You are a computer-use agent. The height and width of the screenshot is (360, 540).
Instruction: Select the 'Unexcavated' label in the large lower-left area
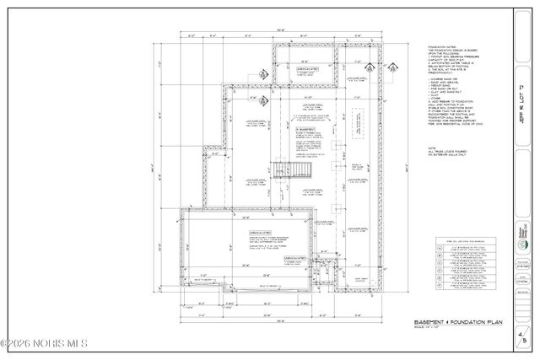click(x=260, y=232)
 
